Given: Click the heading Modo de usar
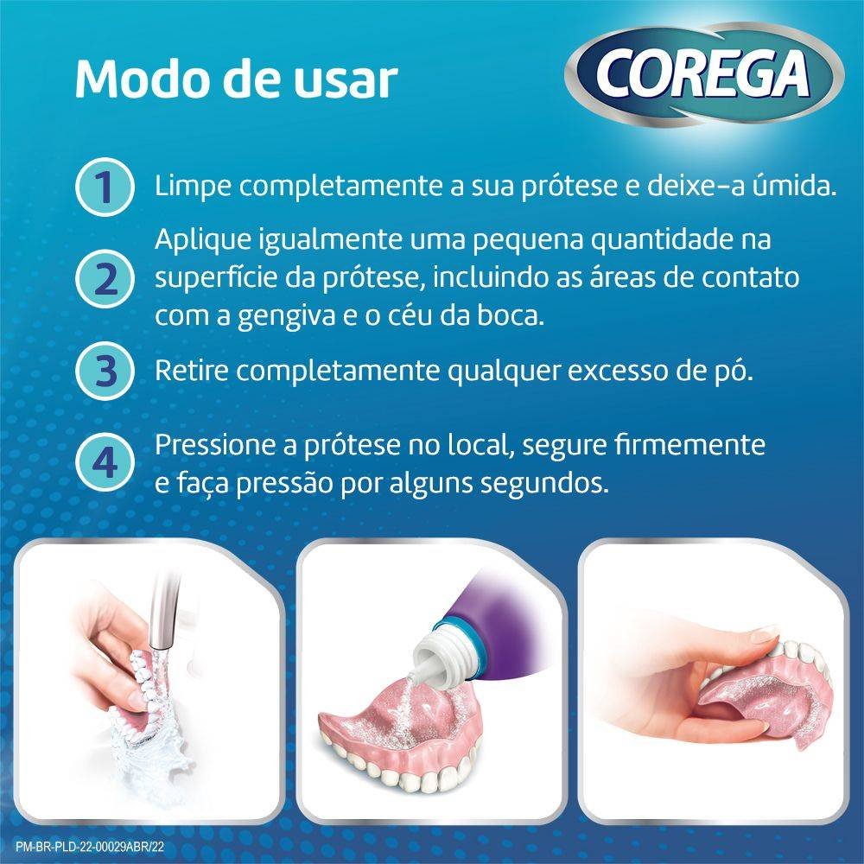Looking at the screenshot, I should click(x=235, y=79).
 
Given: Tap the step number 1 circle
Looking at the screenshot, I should click(x=104, y=187).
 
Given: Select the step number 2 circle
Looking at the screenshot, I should click(x=104, y=278).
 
